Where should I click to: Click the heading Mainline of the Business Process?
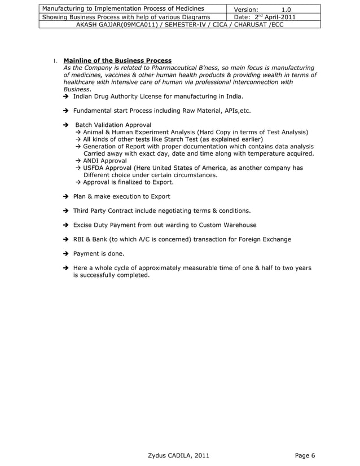[117, 60]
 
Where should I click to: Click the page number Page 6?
[305, 456]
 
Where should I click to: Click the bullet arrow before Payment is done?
[66, 254]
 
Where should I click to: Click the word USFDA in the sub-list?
[95, 168]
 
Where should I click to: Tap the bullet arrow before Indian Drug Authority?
[66, 97]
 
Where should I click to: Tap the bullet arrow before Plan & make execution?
[66, 196]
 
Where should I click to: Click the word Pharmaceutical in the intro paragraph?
[167, 68]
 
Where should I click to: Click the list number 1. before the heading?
[55, 61]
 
